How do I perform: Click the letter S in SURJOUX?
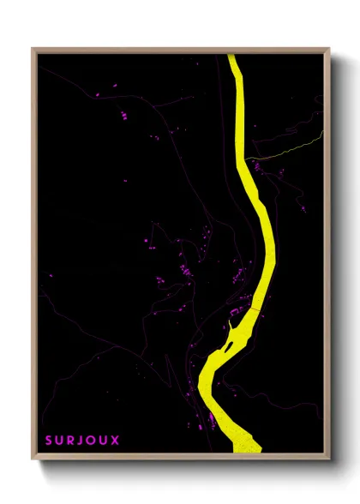point(49,441)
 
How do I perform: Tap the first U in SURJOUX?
point(60,441)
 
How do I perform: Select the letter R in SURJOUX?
point(72,441)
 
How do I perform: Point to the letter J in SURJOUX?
point(82,441)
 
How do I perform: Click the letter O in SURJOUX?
point(93,441)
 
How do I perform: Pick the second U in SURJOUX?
point(105,441)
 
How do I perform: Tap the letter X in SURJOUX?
point(116,441)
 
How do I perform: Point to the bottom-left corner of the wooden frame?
point(33,460)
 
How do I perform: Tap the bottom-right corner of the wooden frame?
point(331,460)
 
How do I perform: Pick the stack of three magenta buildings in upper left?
point(123,112)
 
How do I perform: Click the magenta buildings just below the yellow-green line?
point(257,166)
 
